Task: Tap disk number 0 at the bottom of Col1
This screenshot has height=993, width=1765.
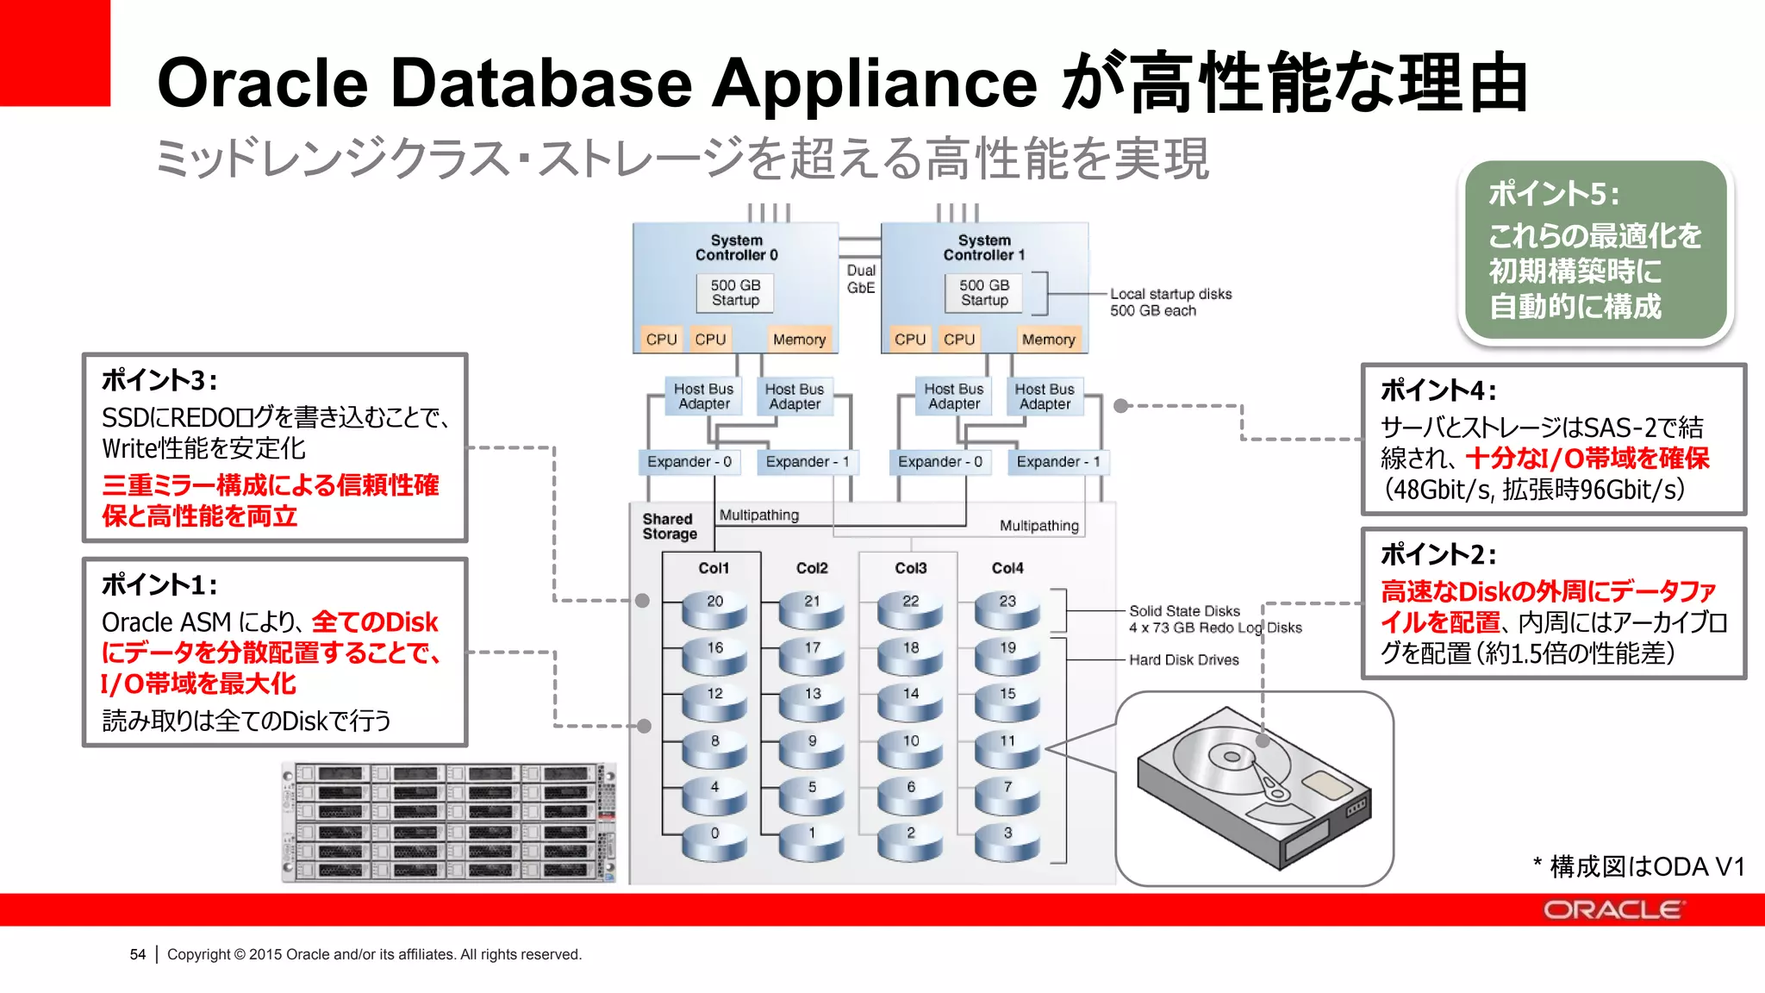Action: (x=714, y=841)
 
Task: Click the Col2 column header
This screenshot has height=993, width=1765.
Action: (x=812, y=568)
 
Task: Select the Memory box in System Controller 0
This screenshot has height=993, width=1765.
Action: (x=799, y=340)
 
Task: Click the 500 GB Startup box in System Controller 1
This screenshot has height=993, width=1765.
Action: (x=984, y=293)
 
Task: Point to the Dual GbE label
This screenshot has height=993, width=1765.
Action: (x=860, y=278)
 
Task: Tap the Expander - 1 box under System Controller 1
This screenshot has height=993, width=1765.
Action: (x=1058, y=462)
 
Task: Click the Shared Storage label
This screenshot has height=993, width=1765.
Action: (x=669, y=526)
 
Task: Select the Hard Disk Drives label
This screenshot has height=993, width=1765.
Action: (x=1183, y=659)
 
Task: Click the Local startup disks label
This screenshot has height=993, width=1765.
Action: (x=1170, y=294)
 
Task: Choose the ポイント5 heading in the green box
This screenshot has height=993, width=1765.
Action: (x=1553, y=194)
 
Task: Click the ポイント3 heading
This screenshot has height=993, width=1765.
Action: (x=159, y=380)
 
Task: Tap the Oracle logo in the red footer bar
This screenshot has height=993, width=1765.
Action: (x=1612, y=910)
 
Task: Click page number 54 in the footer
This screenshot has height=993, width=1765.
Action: (x=138, y=954)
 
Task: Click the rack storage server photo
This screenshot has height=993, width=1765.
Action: (x=448, y=821)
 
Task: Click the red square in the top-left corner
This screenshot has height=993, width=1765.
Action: (x=54, y=52)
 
